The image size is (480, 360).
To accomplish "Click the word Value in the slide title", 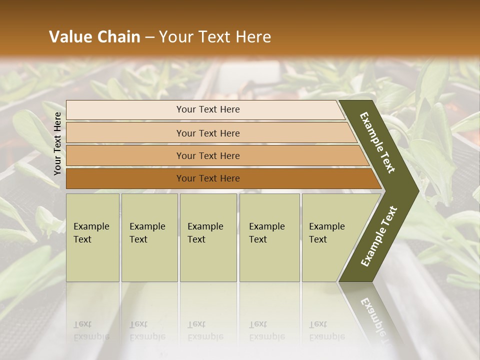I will (70, 37).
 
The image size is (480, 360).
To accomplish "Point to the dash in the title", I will (149, 37).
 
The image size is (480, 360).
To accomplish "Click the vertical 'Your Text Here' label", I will (57, 143).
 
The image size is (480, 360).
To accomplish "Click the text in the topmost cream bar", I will (208, 109).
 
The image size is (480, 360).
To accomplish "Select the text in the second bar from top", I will (208, 133).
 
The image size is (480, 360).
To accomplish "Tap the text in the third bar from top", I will (208, 156).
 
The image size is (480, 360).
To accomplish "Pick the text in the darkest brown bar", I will (208, 178).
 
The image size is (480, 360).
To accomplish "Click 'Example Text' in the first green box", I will (91, 233).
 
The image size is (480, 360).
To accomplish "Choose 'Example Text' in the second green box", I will (147, 233).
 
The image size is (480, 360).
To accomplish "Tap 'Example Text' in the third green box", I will (205, 233).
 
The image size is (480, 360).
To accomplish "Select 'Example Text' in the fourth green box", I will (266, 233).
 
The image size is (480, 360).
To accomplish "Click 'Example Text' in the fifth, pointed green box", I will (326, 233).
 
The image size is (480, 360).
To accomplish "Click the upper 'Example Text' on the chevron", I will (377, 142).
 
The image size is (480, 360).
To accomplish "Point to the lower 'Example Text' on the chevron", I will (379, 236).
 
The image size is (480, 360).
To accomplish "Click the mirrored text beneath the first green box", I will (91, 330).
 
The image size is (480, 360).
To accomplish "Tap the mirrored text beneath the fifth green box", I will (326, 330).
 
